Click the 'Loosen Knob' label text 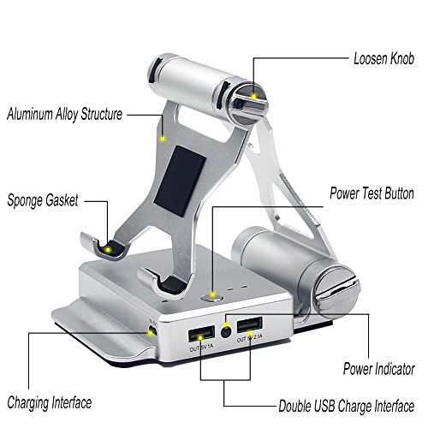(383, 59)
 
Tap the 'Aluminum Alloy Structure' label (65, 114)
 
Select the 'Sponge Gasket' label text (43, 200)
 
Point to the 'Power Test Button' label (372, 193)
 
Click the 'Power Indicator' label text (378, 369)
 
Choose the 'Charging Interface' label (50, 403)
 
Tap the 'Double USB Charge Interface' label (347, 406)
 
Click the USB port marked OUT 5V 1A (201, 335)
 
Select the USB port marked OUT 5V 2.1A (249, 325)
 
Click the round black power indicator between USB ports (226, 332)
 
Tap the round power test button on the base (212, 298)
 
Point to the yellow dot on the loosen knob (253, 96)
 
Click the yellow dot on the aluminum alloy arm (163, 139)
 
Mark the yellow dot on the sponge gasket (108, 250)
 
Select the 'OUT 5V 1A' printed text (201, 348)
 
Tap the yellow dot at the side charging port (150, 333)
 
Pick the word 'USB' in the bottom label (324, 406)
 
